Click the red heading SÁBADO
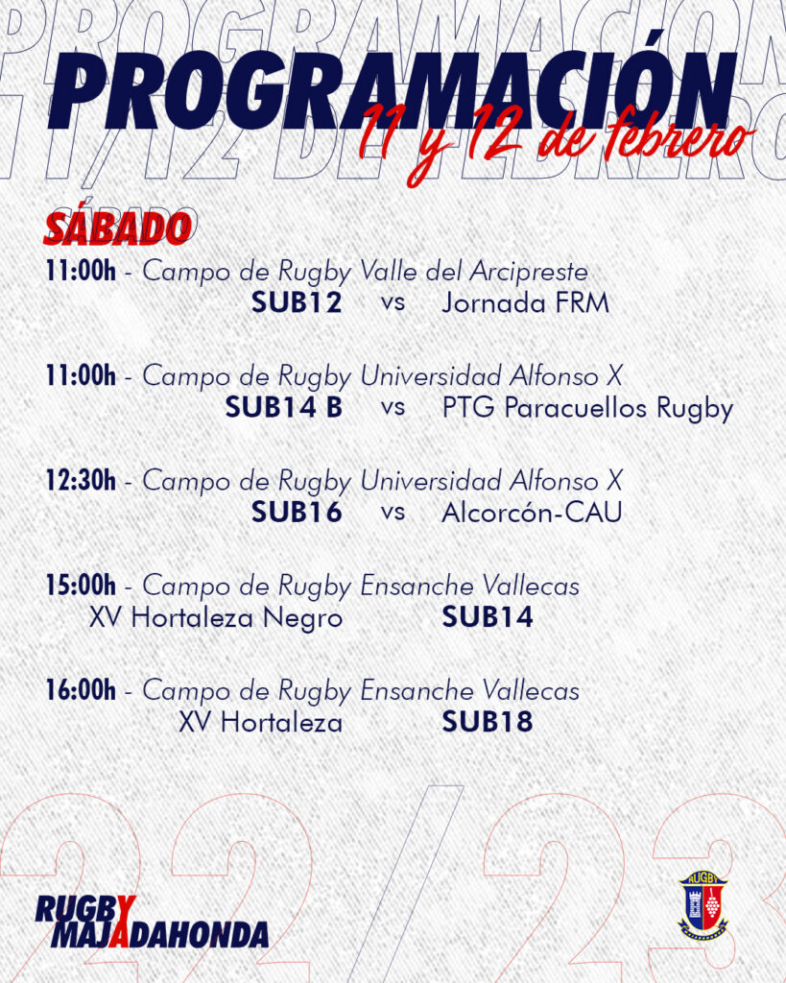click(117, 228)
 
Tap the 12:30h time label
click(81, 480)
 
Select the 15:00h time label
click(81, 585)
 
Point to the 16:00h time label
click(81, 689)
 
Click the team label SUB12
click(297, 302)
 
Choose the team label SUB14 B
click(284, 407)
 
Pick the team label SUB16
click(297, 513)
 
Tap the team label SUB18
click(488, 722)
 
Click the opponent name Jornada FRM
click(525, 303)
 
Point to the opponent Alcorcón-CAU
click(532, 513)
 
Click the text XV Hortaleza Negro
click(216, 618)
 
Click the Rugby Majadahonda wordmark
click(152, 921)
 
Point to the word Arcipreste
click(529, 272)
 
